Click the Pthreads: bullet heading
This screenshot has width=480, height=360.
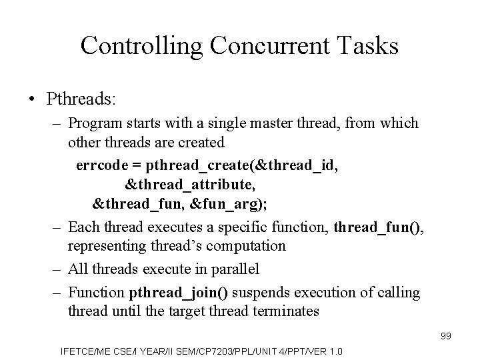82,99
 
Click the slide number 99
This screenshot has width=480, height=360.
446,336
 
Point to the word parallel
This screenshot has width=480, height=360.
233,269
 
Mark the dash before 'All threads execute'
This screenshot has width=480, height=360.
57,269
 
